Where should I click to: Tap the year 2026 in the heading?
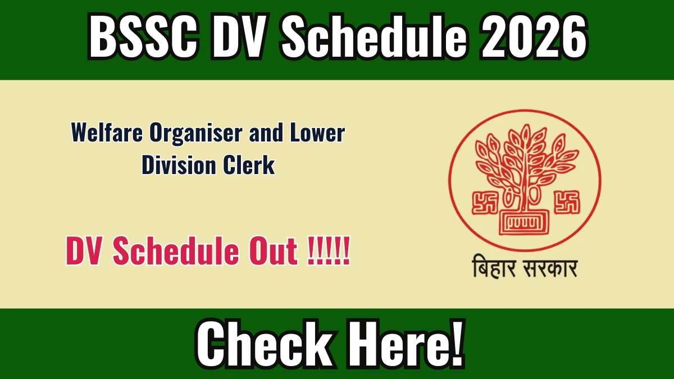click(534, 36)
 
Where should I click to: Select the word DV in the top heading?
click(238, 36)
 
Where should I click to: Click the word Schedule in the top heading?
click(374, 36)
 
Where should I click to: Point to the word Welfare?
click(107, 133)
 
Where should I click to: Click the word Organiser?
click(196, 134)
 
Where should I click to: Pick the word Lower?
click(317, 133)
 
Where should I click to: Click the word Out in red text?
click(274, 251)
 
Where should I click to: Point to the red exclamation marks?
click(329, 251)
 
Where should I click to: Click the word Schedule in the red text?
click(176, 250)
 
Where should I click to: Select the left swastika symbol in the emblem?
click(484, 203)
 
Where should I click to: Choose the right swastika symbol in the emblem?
click(567, 202)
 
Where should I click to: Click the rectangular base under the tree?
click(524, 222)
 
